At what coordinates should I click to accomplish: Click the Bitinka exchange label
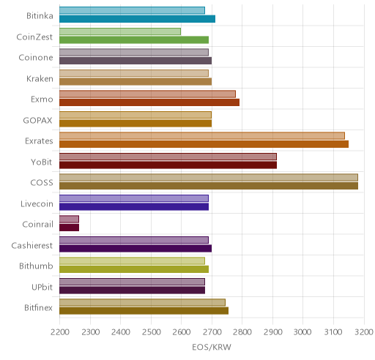(x=40, y=16)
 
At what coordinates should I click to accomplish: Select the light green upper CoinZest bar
(x=120, y=31)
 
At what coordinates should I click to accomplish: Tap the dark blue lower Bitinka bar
(x=137, y=19)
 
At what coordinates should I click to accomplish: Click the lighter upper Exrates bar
(x=202, y=136)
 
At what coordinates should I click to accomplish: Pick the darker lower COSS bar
(x=209, y=186)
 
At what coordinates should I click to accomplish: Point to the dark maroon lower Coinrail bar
(x=69, y=228)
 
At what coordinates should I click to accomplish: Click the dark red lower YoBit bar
(x=168, y=165)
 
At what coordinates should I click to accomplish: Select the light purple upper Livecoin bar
(x=134, y=198)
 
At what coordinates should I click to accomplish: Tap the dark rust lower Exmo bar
(x=149, y=102)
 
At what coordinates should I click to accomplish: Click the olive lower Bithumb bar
(x=134, y=269)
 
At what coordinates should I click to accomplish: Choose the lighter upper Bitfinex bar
(x=142, y=302)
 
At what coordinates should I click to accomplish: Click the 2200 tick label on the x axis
(x=59, y=332)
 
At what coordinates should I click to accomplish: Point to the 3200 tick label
(x=364, y=332)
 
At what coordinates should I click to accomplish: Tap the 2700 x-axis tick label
(x=212, y=332)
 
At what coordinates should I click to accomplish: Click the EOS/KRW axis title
(x=212, y=347)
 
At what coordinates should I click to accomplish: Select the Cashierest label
(x=32, y=245)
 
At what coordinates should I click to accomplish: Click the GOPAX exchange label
(x=38, y=120)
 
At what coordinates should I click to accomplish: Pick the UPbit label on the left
(x=42, y=287)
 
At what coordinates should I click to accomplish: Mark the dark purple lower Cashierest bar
(x=135, y=249)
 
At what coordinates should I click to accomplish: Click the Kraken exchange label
(x=40, y=78)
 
